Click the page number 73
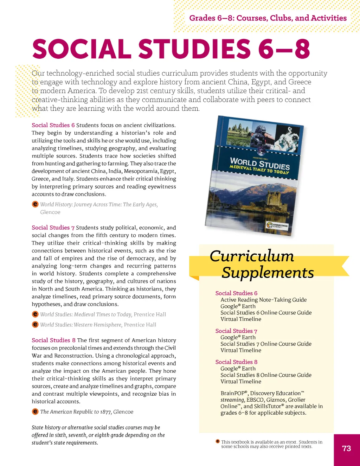[346, 448]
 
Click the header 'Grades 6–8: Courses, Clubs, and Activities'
[268, 18]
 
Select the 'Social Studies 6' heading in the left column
[53, 125]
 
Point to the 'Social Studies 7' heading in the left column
[53, 228]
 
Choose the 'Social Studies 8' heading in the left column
[53, 340]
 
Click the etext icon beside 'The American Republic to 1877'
[35, 411]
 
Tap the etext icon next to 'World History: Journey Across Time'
[35, 204]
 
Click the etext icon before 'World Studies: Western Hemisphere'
[35, 324]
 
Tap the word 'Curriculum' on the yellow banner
[252, 256]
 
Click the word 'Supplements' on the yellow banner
[268, 273]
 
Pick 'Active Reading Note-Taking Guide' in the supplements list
[263, 300]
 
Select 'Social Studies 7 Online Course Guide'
[266, 344]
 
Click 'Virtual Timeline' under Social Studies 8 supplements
[241, 381]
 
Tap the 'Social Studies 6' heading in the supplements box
[236, 293]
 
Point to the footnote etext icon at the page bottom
[218, 441]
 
